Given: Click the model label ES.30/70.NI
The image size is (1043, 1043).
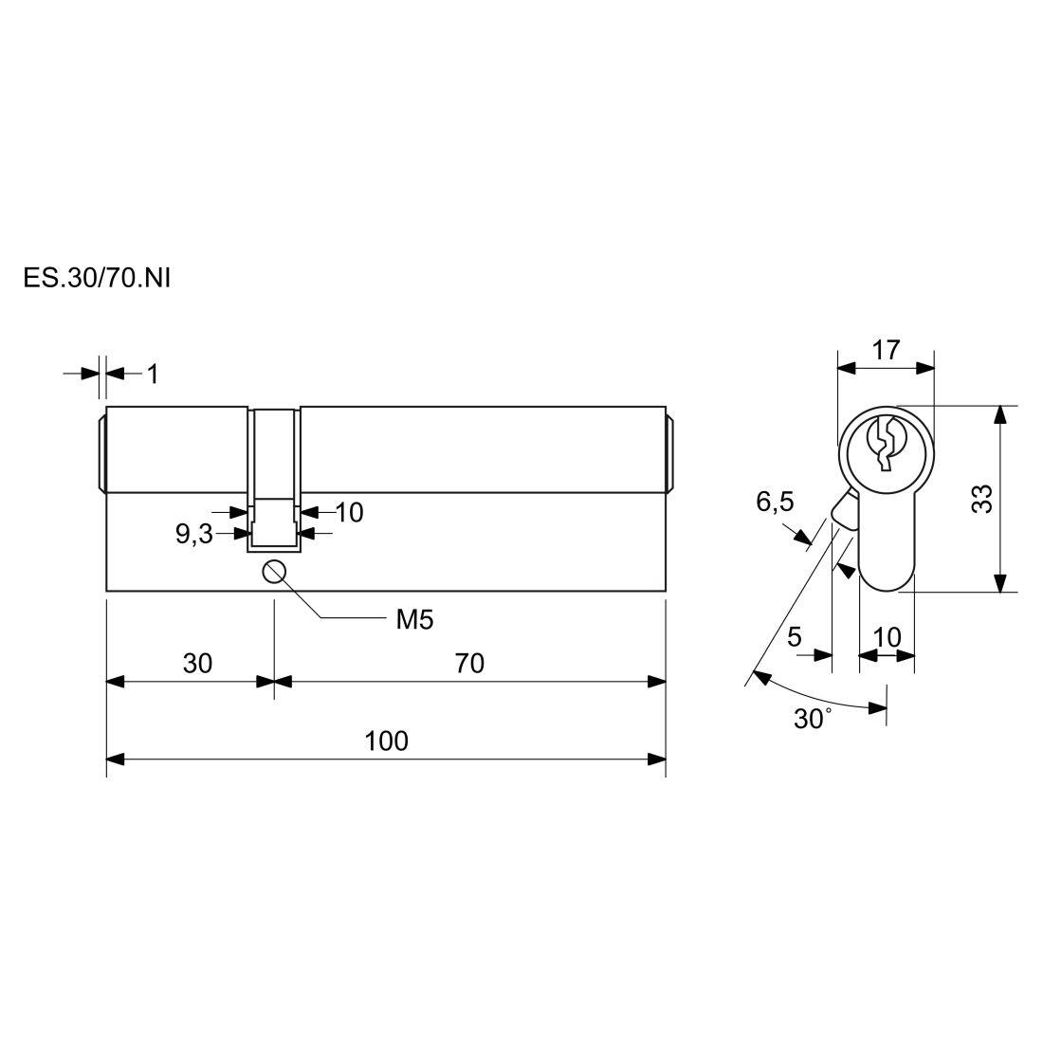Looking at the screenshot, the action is point(97,278).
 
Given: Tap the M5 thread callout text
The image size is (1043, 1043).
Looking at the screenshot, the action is point(414,620).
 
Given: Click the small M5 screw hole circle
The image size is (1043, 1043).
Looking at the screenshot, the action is point(274,572).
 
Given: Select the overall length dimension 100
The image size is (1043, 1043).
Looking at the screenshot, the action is point(387,741).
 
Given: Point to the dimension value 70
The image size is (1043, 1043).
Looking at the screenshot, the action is point(469,663).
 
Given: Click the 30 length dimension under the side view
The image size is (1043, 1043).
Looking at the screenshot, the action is point(197,663).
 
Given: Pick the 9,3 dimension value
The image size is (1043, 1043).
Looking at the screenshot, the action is point(194,534).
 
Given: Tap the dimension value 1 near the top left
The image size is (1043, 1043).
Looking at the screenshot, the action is point(153,375).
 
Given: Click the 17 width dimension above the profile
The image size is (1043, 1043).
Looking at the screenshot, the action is point(886,350).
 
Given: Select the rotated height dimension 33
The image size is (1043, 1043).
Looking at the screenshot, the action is point(981,499).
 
